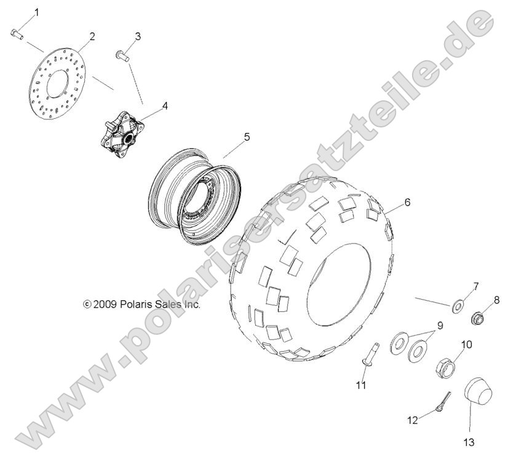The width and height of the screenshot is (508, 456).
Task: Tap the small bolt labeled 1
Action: click(x=17, y=34)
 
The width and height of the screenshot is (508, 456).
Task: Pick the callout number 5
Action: click(x=229, y=137)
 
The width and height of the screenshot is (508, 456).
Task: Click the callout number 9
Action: click(x=440, y=324)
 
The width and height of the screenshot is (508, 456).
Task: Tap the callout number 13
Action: click(x=470, y=441)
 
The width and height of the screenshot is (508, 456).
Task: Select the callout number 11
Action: click(x=360, y=385)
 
